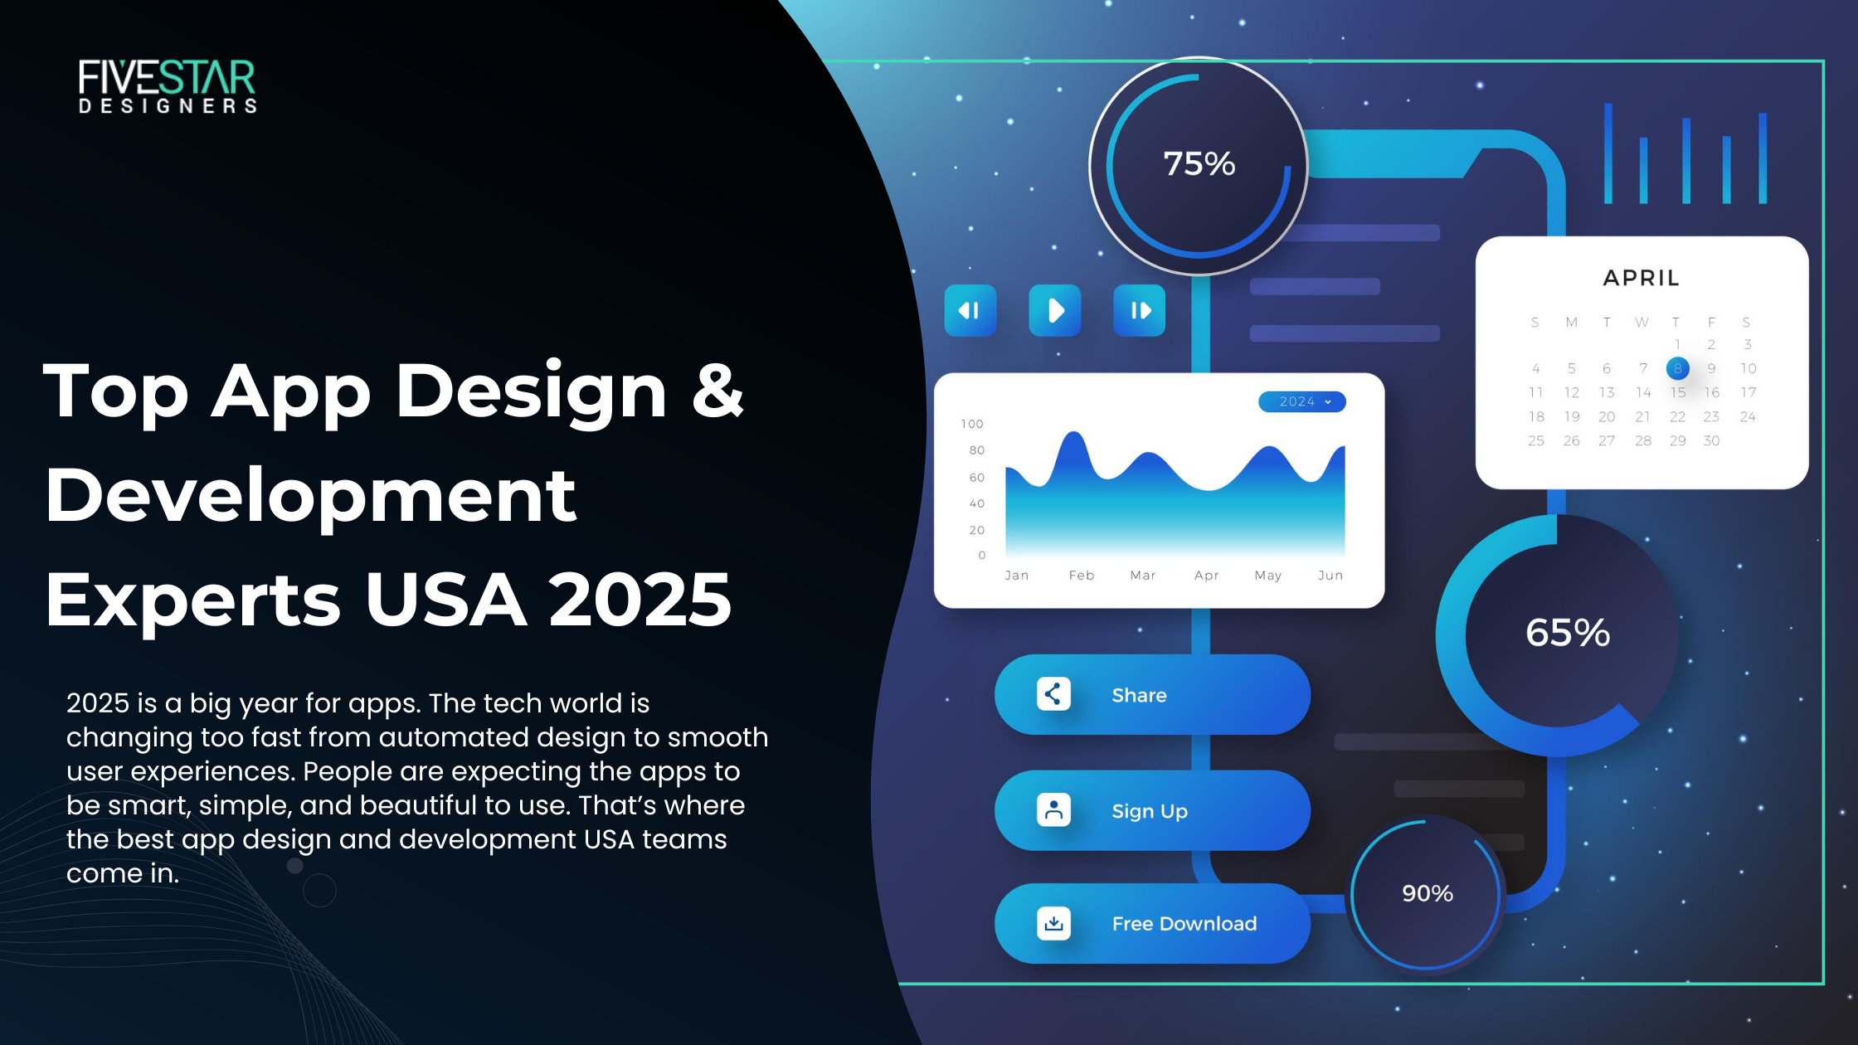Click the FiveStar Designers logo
click(x=168, y=85)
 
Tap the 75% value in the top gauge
click(x=1199, y=164)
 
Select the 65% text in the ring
click(x=1567, y=633)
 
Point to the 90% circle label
click(x=1427, y=893)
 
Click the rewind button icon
click(x=970, y=311)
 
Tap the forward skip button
click(x=1139, y=311)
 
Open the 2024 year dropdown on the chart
click(x=1301, y=401)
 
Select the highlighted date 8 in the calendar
click(x=1677, y=368)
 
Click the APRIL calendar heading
click(x=1641, y=278)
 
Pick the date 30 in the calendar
click(x=1711, y=440)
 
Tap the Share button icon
click(x=1053, y=694)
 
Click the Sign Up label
click(x=1149, y=811)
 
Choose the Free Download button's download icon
click(x=1053, y=923)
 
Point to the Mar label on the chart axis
click(x=1142, y=575)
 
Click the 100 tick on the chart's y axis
click(x=971, y=424)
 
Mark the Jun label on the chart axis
click(x=1330, y=575)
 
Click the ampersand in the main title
click(x=717, y=390)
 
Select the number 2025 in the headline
click(x=640, y=599)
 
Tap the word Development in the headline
click(x=310, y=495)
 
